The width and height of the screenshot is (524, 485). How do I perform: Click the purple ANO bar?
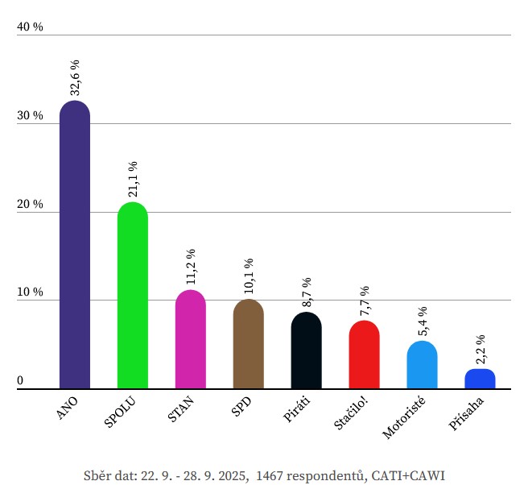tap(75, 246)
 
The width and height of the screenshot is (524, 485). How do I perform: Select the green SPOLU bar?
tap(133, 296)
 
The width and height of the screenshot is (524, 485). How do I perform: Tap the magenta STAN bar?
tap(191, 340)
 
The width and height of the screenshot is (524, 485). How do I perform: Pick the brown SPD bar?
tap(248, 345)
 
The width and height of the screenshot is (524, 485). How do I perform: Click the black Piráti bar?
tap(306, 351)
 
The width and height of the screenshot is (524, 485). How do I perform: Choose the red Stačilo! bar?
tap(364, 355)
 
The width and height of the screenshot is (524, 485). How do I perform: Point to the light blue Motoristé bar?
tap(422, 365)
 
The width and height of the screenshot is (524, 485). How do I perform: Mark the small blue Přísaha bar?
tap(480, 379)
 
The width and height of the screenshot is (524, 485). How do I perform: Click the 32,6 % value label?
tap(75, 78)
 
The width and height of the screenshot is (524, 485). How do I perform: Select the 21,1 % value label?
tap(133, 179)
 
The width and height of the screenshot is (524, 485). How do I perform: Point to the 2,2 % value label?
tap(481, 350)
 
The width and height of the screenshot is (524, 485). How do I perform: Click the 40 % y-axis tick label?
tap(30, 27)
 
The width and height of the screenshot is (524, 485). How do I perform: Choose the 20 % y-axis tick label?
tap(30, 205)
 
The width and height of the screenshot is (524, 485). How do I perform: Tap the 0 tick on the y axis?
tap(20, 381)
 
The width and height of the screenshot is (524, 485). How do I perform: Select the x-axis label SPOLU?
tap(121, 412)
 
